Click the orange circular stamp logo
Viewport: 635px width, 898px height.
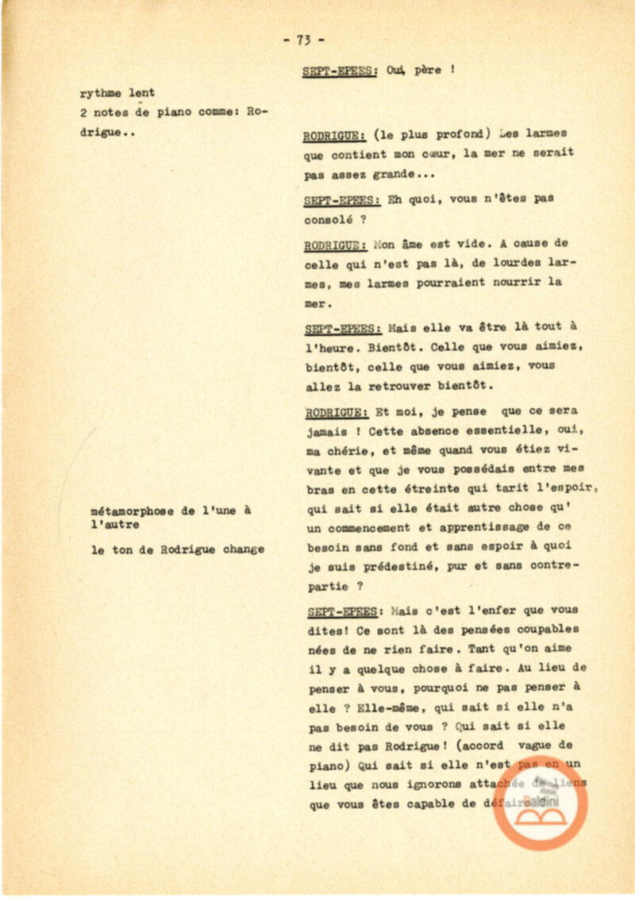[541, 801]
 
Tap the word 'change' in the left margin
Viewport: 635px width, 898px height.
[244, 549]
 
